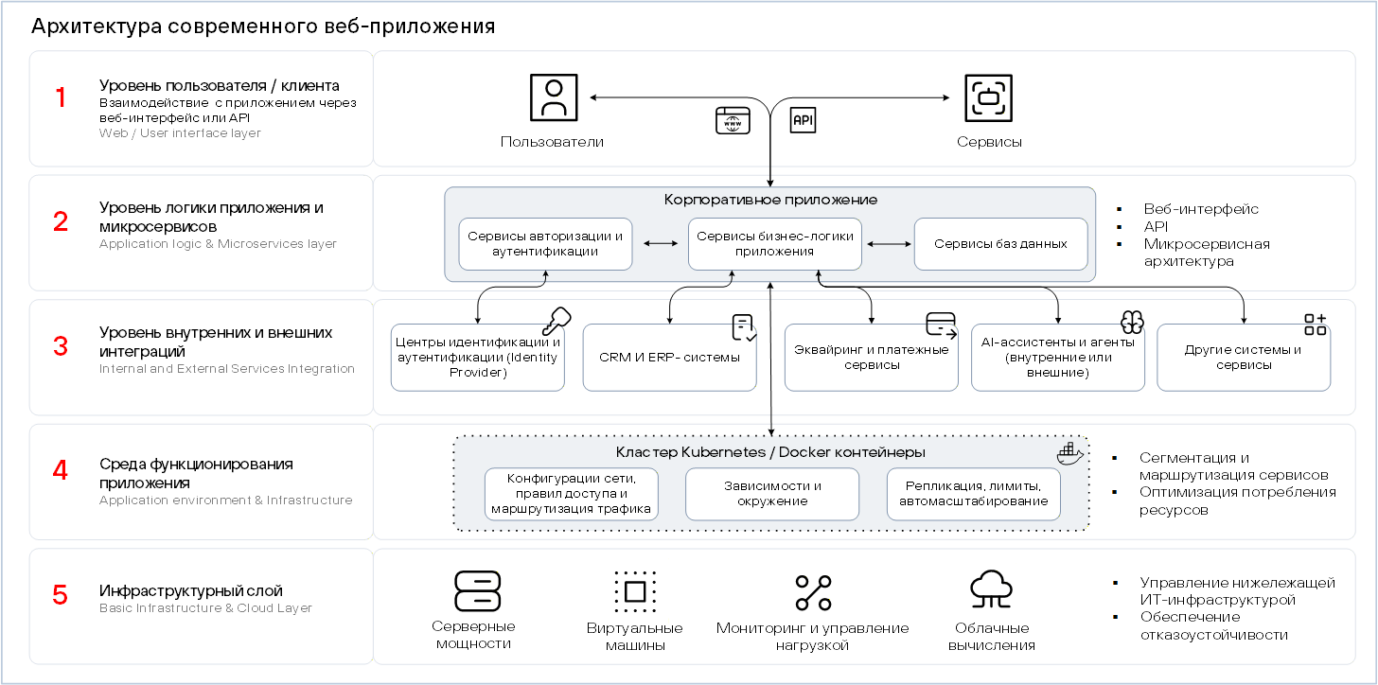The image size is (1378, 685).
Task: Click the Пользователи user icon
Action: (554, 97)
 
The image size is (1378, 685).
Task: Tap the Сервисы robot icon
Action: (989, 97)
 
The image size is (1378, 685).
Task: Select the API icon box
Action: (803, 120)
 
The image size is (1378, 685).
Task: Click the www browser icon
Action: (733, 120)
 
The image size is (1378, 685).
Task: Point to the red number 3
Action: (61, 345)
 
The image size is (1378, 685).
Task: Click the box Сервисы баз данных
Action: (1001, 243)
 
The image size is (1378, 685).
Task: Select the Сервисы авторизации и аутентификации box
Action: (545, 243)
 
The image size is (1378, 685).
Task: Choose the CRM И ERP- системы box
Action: (669, 358)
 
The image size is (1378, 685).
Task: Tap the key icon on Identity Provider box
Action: (556, 321)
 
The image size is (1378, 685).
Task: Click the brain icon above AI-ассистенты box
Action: (1132, 322)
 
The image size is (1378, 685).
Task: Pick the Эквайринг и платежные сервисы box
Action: (871, 358)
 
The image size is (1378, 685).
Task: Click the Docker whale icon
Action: (1069, 453)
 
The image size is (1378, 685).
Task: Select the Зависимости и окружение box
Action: (772, 494)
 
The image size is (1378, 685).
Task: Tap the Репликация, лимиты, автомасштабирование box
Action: (973, 494)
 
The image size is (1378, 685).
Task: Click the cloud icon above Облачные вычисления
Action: (991, 589)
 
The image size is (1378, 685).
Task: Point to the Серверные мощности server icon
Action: (477, 591)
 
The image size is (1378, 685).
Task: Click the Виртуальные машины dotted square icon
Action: (635, 591)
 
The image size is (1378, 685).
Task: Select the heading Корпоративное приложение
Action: (770, 200)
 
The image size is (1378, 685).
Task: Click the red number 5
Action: (61, 594)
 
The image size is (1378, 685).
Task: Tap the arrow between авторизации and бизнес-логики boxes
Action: (661, 243)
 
